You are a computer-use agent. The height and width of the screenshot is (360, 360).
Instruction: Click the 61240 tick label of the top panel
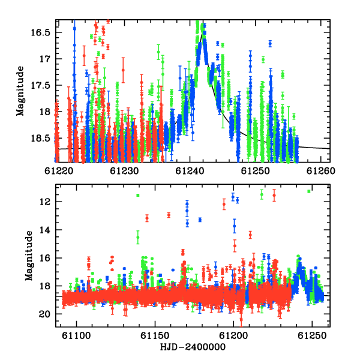coord(190,171)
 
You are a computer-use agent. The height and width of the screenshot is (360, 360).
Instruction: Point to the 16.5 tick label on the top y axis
coord(40,32)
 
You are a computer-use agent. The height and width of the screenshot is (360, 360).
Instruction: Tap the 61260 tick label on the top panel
coord(321,171)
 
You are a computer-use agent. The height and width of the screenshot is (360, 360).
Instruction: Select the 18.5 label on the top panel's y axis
coord(40,138)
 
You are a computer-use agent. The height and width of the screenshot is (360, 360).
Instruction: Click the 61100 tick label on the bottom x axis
coord(76,336)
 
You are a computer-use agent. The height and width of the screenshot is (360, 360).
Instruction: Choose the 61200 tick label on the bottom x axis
coord(233,336)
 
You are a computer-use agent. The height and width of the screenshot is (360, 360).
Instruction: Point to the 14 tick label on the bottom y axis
coord(45,230)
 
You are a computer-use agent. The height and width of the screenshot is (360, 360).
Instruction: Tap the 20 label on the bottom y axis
coord(44,314)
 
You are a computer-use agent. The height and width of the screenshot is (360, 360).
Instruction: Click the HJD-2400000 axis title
coord(193,347)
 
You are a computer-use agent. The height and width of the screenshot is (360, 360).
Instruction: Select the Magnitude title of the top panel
coord(20,91)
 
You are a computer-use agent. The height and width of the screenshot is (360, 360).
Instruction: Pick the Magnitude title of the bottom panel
coord(29,256)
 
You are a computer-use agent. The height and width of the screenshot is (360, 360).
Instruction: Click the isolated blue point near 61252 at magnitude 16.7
coord(270,43)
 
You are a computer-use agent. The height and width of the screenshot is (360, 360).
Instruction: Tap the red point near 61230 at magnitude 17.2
coord(123,70)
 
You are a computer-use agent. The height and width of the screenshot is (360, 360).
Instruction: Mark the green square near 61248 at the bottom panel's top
coord(309,191)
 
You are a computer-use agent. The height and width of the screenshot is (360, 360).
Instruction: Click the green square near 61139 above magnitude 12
coord(138,196)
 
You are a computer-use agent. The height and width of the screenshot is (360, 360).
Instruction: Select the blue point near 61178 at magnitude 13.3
coord(200,220)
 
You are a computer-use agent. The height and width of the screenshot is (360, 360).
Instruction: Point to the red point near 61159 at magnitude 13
coord(169,215)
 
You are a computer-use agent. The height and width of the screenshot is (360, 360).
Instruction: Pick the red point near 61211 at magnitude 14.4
coord(250,235)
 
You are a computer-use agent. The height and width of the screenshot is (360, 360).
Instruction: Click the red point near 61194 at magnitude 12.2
coord(224,204)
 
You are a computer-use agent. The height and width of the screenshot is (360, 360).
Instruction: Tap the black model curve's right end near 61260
coord(329,149)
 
